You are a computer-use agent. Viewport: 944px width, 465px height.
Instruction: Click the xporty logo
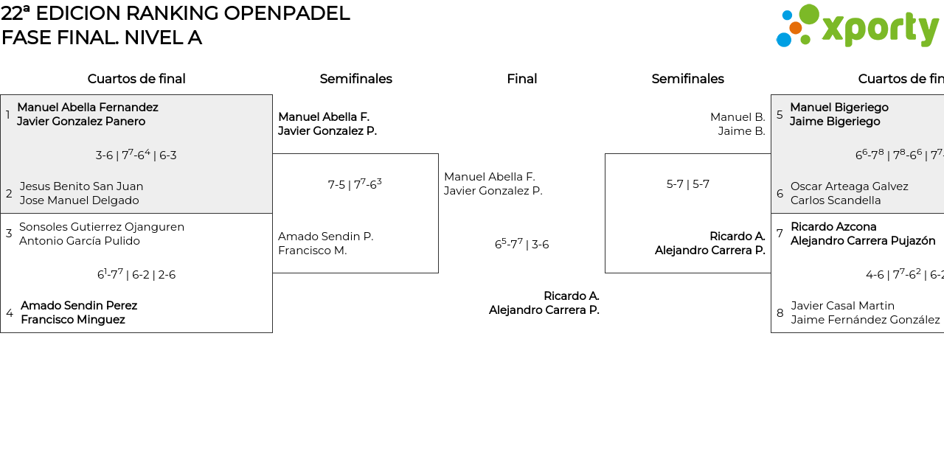(x=857, y=27)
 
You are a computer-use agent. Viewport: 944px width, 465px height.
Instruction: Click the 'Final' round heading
(x=521, y=79)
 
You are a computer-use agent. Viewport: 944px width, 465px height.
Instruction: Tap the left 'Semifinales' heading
(x=355, y=79)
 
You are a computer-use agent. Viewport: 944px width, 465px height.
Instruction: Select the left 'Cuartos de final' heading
(x=136, y=79)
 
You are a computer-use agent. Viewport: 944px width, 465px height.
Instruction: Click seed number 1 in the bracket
(x=8, y=114)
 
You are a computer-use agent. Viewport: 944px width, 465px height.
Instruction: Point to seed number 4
(x=10, y=313)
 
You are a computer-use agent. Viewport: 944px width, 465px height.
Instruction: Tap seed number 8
(x=780, y=313)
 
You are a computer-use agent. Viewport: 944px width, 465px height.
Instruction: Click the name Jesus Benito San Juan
(x=81, y=186)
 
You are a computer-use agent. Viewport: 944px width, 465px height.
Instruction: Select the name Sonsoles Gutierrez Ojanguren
(x=102, y=227)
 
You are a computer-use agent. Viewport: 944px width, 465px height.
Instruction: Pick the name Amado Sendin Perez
(x=79, y=306)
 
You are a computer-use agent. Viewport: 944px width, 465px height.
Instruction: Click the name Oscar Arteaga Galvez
(x=849, y=186)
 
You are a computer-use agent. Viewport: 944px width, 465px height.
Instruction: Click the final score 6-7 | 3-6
(x=521, y=244)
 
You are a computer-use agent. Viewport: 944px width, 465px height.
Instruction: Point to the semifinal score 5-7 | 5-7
(x=687, y=184)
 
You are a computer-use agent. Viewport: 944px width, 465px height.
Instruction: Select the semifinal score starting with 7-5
(x=355, y=184)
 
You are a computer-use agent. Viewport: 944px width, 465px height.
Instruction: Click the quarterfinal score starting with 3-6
(x=136, y=155)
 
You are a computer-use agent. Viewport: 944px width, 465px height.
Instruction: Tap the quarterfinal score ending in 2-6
(x=136, y=274)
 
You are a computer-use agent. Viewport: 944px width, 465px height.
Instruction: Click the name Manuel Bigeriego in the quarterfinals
(x=839, y=108)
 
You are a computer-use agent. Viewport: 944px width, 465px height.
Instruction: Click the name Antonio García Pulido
(x=79, y=241)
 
